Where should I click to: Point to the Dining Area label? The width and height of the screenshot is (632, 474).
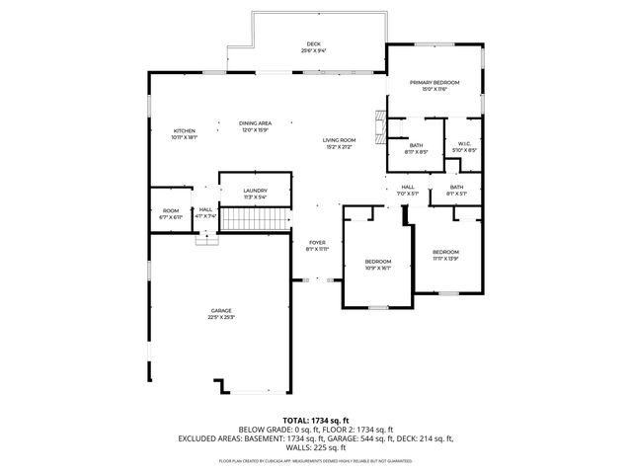coord(255,123)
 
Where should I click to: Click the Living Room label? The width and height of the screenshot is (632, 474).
coord(339,140)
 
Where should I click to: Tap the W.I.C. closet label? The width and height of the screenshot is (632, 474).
coord(464,144)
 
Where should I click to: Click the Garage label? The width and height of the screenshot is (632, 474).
coord(220,310)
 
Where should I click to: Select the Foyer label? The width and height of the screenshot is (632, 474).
coord(317,242)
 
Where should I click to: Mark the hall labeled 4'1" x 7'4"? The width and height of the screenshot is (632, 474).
coord(205,212)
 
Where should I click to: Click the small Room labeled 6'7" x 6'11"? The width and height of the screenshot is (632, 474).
coord(171,212)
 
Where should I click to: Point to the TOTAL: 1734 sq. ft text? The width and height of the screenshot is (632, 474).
coord(316,420)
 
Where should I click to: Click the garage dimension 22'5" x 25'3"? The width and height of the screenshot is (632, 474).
coord(220,317)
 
